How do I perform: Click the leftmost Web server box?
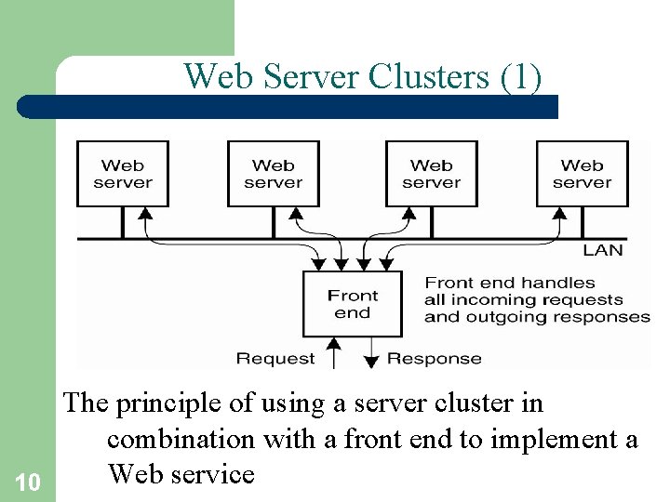pos(123,174)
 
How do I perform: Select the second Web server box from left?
pos(274,174)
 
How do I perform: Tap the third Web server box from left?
pos(432,174)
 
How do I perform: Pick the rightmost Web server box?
pos(582,174)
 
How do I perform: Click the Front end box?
pos(353,304)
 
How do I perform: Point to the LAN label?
pos(602,250)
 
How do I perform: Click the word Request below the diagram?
pos(275,358)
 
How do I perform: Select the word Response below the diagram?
pos(435,358)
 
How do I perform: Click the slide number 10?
pos(28,482)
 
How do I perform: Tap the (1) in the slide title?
pos(520,76)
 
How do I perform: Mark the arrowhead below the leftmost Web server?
pos(144,214)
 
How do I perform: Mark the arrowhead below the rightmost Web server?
pos(560,214)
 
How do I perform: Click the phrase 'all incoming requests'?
pos(524,299)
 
